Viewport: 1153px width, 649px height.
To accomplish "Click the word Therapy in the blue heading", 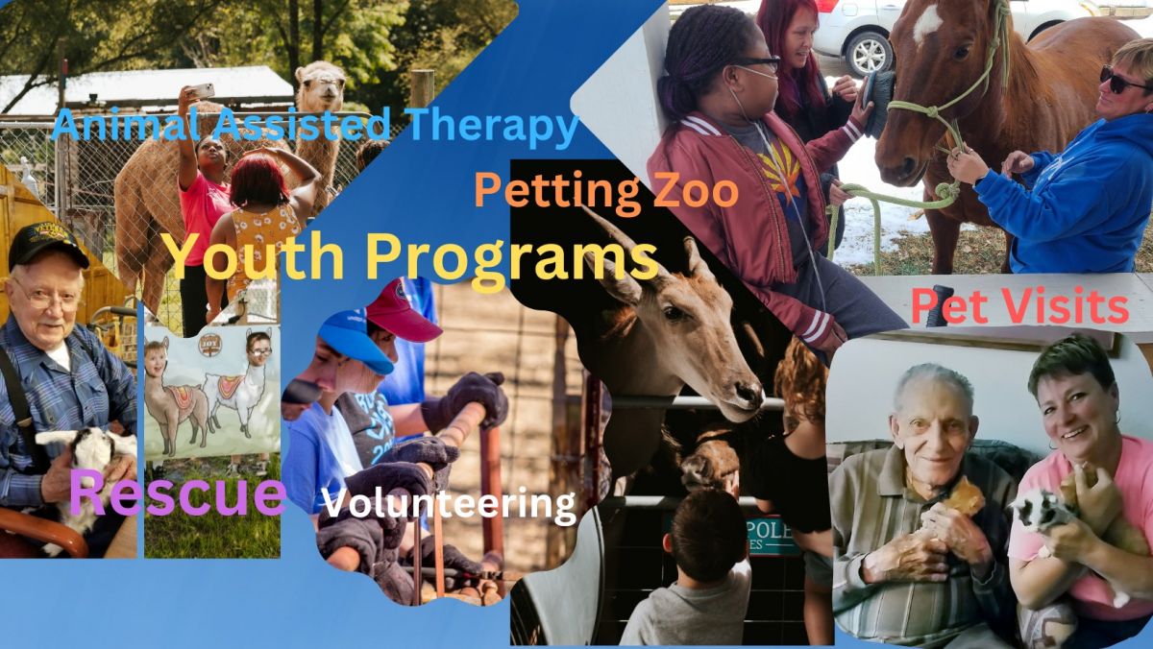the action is click(492, 127).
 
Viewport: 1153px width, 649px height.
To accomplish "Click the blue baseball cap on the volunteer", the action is click(356, 341).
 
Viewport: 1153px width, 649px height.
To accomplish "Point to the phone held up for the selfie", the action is click(201, 91).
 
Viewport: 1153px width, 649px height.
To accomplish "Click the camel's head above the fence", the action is click(320, 85).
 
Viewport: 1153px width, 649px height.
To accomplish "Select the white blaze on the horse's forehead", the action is click(926, 21).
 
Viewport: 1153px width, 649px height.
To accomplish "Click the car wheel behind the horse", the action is click(869, 55).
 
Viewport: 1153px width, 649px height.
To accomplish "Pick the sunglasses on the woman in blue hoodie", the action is click(1122, 82).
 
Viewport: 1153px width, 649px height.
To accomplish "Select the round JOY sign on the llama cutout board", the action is click(209, 344).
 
